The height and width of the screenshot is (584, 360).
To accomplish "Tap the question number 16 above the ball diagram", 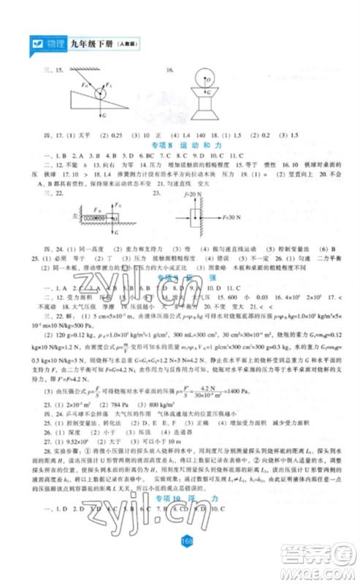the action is [169, 71].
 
